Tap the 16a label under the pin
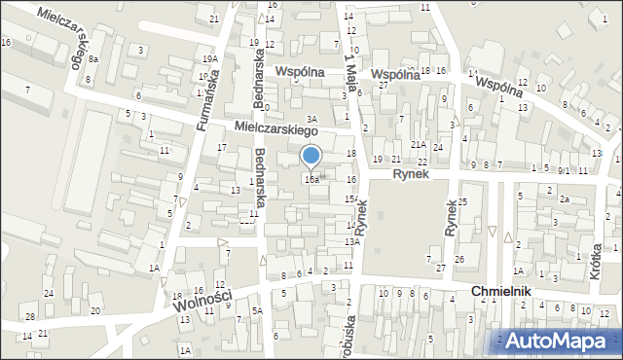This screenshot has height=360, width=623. coord(311,180)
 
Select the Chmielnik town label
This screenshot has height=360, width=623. coord(504,292)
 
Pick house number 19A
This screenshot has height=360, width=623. coord(209,59)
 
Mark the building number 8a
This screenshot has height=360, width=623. coord(93,59)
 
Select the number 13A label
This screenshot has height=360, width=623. coord(352,241)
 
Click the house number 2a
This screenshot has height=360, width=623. coord(564,198)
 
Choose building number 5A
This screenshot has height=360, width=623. coord(258,310)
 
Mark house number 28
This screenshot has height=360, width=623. coord(30,317)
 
